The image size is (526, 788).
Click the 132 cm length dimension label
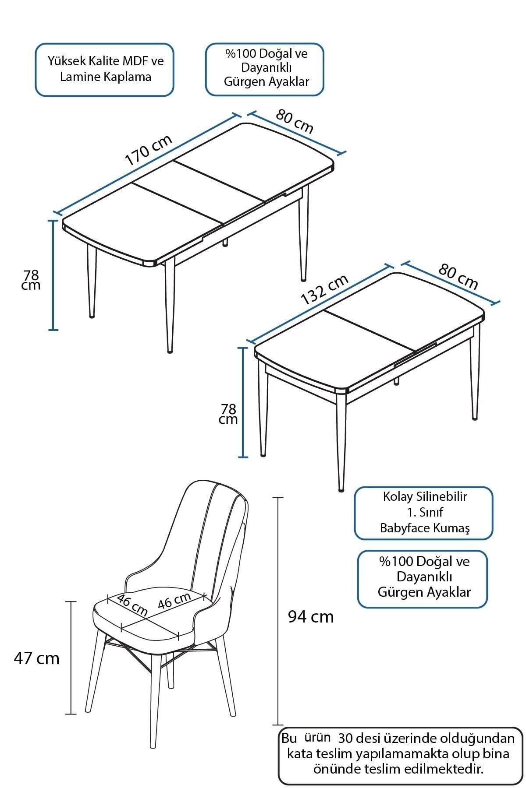325,289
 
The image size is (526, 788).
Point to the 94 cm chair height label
311,617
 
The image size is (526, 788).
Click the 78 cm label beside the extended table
31,280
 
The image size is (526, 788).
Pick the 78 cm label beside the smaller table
228,414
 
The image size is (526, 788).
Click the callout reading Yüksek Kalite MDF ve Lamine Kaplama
105,70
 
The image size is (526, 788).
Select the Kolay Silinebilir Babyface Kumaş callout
423,513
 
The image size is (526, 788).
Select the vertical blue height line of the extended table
53,275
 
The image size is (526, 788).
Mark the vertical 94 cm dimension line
278,611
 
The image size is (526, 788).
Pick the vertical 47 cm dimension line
71,658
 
